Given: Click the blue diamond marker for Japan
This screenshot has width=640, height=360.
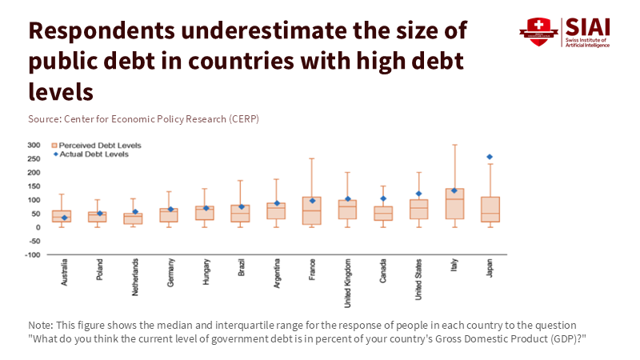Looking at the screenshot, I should tap(489, 157).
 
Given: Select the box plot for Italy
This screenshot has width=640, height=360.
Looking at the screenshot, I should tap(454, 203).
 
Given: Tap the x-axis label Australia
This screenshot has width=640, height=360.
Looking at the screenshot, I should tap(63, 271).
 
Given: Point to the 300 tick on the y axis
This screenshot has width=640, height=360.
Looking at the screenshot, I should tap(34, 145).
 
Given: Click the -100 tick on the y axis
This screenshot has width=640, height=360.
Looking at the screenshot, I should tap(32, 254).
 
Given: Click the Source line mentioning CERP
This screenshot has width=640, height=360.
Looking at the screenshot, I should tap(143, 118).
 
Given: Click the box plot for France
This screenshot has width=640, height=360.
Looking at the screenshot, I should tap(311, 210).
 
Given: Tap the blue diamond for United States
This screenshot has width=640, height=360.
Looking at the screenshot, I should tap(418, 193).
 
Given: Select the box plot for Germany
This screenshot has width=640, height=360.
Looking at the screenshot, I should tap(169, 215).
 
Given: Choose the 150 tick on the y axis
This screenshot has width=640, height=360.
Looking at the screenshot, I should tap(34, 186).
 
